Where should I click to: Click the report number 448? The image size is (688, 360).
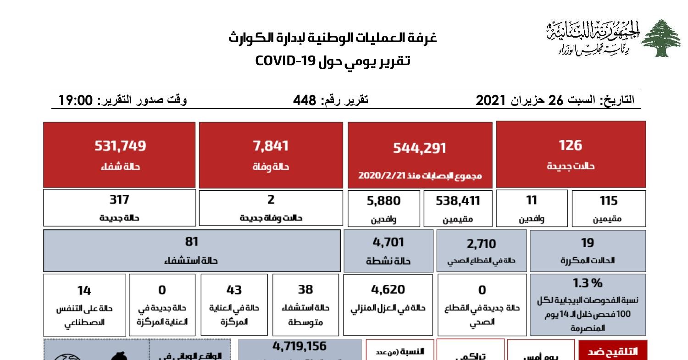point(305,100)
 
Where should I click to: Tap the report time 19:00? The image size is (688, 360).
point(76,100)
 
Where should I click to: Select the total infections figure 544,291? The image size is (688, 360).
point(420,148)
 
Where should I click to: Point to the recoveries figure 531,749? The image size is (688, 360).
point(120,146)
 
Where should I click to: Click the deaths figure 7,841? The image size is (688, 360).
point(271,146)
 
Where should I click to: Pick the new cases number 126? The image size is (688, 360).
point(570,145)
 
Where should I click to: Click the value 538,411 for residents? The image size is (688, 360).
point(458,201)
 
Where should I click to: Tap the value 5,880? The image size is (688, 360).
point(383,201)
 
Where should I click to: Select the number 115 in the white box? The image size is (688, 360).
point(609,201)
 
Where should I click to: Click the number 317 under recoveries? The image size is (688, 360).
point(119,199)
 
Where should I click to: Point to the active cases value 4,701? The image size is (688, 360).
point(388,242)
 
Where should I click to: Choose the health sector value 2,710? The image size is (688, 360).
point(481,244)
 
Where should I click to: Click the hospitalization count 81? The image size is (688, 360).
point(191,242)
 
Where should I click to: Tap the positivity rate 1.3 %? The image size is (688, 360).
point(588,282)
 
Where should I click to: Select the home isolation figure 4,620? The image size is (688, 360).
point(388,289)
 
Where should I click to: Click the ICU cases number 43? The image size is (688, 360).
point(234,290)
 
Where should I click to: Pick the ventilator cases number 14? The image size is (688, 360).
point(84,290)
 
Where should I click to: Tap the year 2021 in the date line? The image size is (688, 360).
point(491,100)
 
